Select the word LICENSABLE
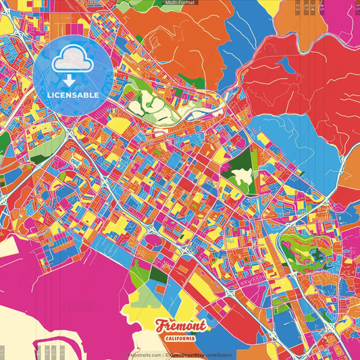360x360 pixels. click(x=73, y=95)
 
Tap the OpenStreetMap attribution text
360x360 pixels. click(x=185, y=355)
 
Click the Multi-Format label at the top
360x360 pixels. click(x=180, y=3)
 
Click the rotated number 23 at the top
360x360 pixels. click(x=298, y=8)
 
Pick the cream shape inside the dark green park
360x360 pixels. click(x=242, y=177)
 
